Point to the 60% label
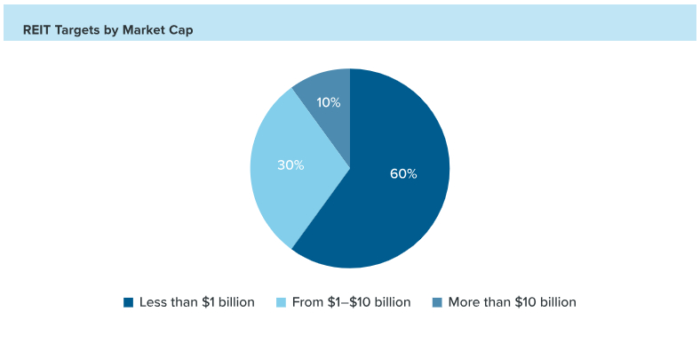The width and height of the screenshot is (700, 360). click(x=403, y=173)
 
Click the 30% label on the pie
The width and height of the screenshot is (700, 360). click(x=290, y=164)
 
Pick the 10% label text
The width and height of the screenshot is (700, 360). click(x=329, y=102)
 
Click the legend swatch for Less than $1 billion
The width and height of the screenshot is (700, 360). click(x=129, y=302)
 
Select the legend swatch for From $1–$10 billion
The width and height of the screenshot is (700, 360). click(x=282, y=302)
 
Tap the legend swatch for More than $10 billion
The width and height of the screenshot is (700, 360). click(x=437, y=302)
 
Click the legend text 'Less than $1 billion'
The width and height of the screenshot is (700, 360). click(x=197, y=302)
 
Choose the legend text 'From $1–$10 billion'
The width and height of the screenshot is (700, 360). click(x=351, y=302)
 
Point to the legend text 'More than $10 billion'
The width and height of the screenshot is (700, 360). click(x=512, y=302)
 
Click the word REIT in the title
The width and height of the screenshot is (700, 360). click(x=38, y=30)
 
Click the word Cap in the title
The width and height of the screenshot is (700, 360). click(x=181, y=30)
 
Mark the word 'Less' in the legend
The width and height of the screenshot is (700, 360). click(x=154, y=302)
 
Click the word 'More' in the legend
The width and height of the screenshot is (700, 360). click(x=465, y=302)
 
